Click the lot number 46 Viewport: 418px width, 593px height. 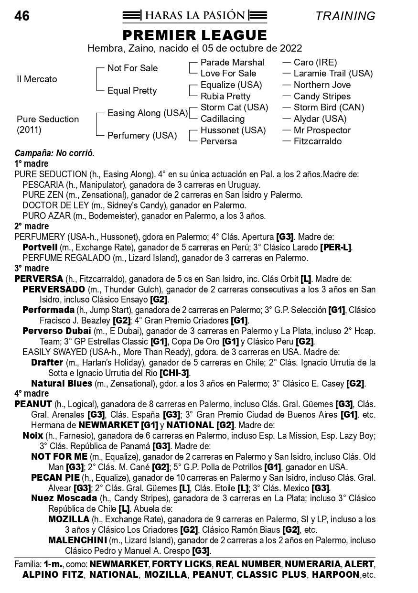point(22,16)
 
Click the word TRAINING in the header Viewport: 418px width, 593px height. point(345,16)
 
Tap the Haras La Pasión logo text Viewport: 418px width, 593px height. point(195,16)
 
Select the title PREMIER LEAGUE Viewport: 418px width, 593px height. point(195,35)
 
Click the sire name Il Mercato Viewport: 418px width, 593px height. point(37,79)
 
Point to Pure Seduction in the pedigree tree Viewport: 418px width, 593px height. point(48,119)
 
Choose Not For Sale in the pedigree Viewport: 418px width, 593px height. point(132,68)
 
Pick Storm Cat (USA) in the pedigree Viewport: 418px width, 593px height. point(234,108)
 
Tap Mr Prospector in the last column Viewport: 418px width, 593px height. point(322,130)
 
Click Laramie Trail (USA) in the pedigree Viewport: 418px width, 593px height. point(333,74)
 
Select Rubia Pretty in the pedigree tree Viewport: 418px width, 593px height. point(225,96)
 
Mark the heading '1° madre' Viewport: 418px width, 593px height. point(32,163)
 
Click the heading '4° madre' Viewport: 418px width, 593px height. point(32,394)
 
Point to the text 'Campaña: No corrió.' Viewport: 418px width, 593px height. point(54,154)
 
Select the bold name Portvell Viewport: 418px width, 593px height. point(41,248)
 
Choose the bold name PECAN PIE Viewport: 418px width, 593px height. point(55,478)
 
